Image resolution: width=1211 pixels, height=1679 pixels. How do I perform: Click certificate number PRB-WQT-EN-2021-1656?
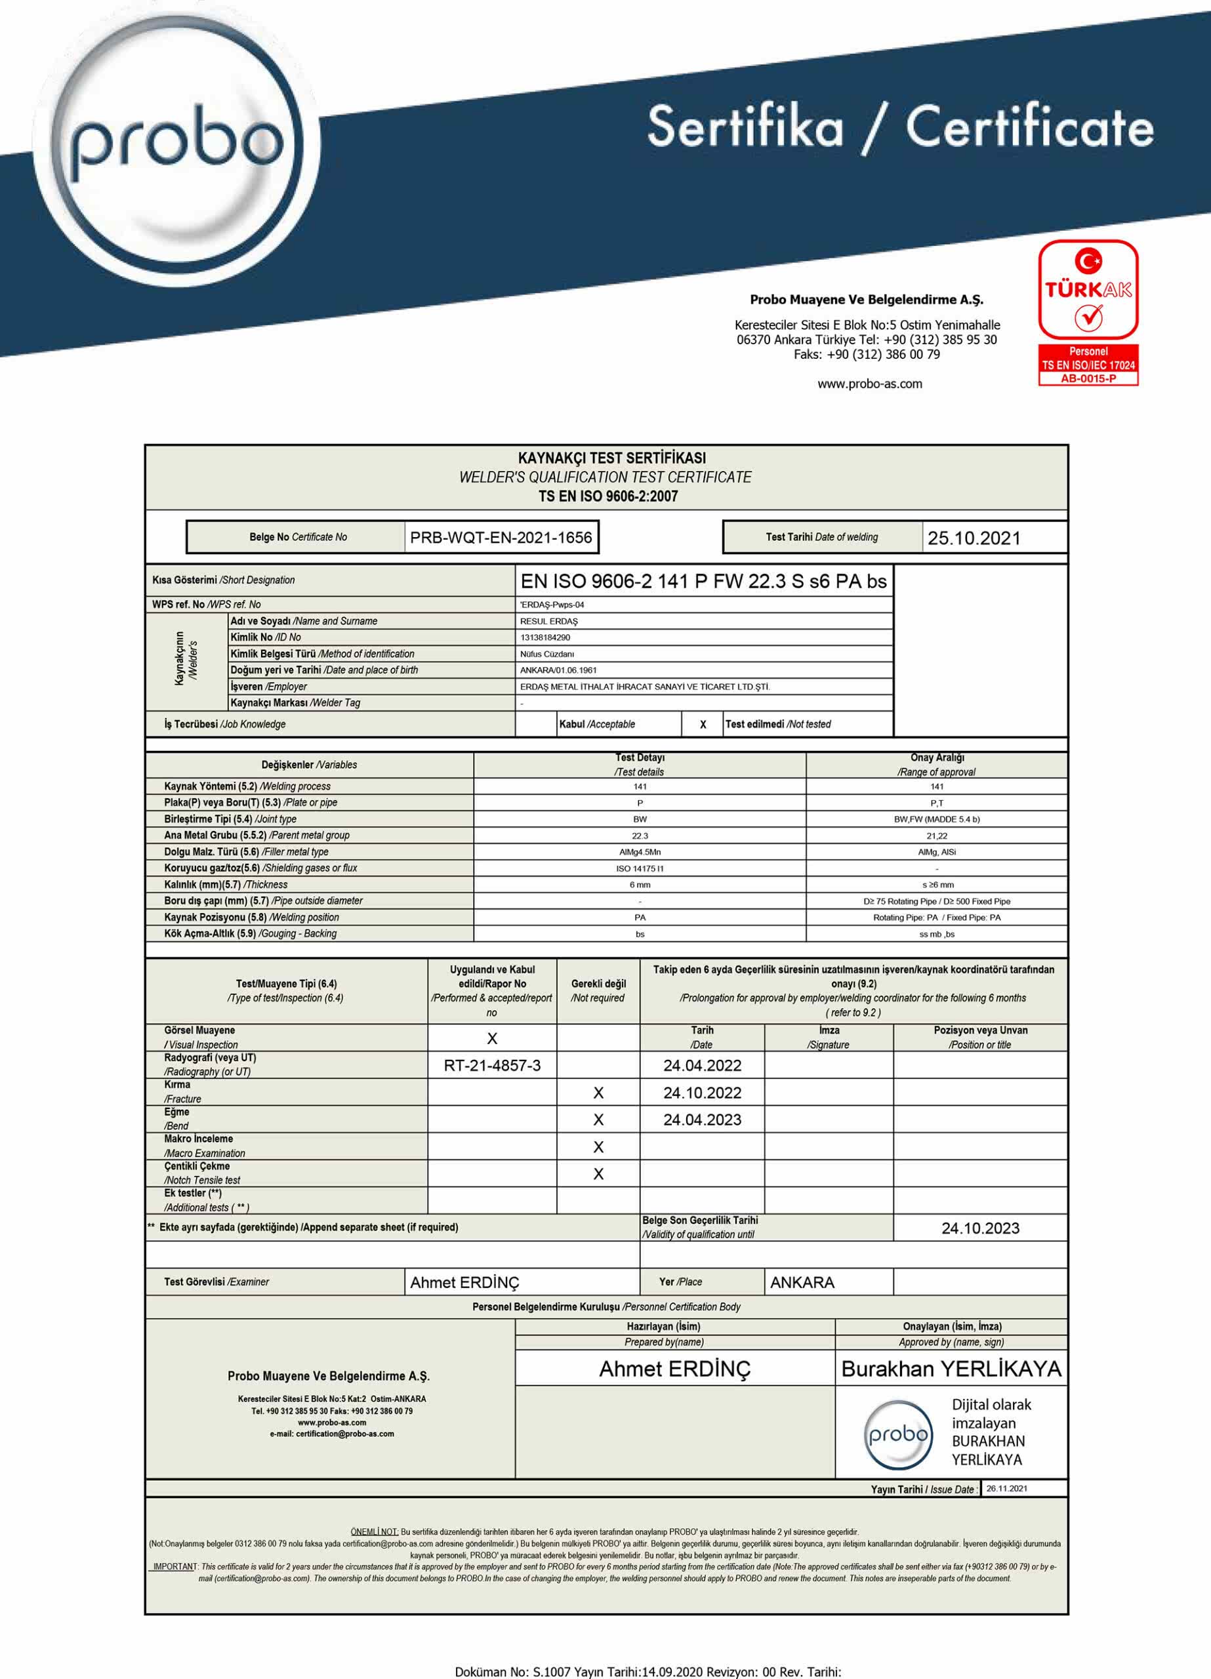pos(501,537)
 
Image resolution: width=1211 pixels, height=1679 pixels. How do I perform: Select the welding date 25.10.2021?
pos(974,538)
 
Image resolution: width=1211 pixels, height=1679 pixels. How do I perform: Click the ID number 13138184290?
pos(544,637)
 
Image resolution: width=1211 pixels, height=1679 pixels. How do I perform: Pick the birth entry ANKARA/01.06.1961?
pos(558,670)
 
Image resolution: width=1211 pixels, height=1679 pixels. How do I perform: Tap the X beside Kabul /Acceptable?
pos(702,725)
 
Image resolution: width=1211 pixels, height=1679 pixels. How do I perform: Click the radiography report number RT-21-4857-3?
pos(492,1065)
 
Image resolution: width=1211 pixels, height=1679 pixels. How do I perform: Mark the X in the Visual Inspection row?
pos(492,1039)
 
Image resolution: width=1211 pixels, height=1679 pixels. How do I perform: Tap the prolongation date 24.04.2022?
pos(701,1065)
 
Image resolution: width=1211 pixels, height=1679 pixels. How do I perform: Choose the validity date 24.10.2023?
pos(980,1228)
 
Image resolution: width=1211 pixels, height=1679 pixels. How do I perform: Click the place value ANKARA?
pos(802,1282)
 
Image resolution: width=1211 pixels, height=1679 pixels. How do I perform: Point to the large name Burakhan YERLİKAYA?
pos(951,1369)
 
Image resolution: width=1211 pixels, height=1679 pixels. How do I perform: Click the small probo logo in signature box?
pos(897,1435)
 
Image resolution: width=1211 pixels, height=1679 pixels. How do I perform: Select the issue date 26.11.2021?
pos(1006,1488)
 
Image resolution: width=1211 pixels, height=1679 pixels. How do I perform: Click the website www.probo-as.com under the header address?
pos(870,384)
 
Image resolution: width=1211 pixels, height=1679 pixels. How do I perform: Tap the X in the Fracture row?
pos(598,1093)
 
